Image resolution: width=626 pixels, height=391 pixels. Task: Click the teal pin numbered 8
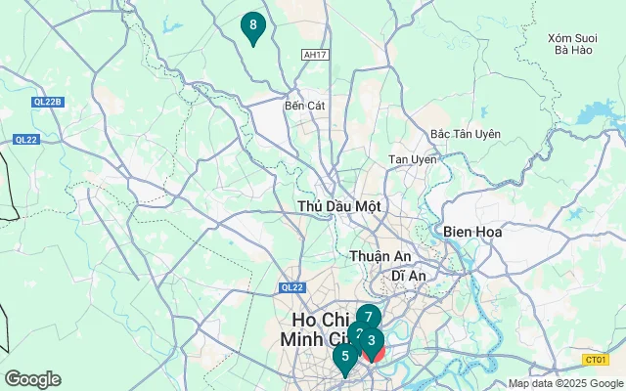[x=253, y=25]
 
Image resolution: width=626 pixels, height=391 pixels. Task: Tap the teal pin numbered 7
[x=368, y=317]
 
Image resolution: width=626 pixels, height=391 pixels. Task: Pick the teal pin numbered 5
[x=344, y=357]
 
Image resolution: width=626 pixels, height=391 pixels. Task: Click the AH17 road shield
[x=314, y=56]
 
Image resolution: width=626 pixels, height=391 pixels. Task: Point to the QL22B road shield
[x=45, y=102]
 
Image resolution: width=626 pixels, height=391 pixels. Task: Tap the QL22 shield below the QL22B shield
[x=25, y=140]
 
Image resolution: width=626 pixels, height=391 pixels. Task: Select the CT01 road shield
[x=593, y=360]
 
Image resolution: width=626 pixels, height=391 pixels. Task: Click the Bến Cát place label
[x=304, y=105]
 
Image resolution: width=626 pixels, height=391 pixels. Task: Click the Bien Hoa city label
[x=472, y=232]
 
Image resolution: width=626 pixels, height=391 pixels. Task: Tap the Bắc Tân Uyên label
[x=466, y=134]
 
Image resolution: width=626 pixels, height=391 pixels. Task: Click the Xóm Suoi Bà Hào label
[x=572, y=43]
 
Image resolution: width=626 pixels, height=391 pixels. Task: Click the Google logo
[x=32, y=379]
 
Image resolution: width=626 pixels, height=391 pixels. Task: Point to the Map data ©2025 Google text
[x=565, y=384]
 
